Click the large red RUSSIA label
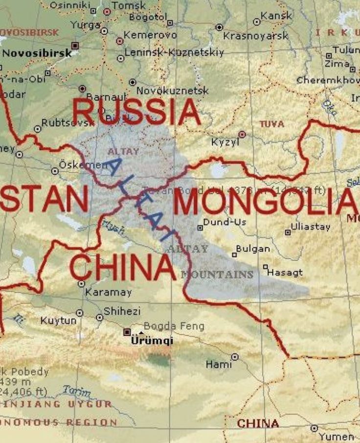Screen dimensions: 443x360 136,112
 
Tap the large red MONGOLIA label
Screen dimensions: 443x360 265,203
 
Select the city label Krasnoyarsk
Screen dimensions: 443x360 256,36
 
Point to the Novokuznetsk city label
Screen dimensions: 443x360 172,91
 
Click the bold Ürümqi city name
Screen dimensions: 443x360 152,341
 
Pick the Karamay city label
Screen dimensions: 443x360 109,293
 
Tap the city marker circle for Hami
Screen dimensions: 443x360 235,357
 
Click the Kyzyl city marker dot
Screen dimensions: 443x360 242,134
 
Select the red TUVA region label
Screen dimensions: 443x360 271,124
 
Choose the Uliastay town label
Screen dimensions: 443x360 311,227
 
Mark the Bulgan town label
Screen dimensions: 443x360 253,249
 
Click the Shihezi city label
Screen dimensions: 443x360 122,311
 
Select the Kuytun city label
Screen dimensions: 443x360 59,321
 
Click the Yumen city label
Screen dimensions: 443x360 336,436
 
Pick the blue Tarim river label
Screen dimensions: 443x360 77,391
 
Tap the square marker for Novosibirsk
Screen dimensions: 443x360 75,46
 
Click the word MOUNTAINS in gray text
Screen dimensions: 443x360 217,275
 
